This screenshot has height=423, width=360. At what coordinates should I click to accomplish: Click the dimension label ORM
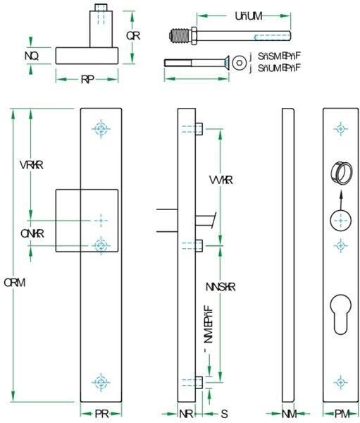coord(15,282)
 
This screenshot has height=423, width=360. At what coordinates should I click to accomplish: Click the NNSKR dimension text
coord(221,287)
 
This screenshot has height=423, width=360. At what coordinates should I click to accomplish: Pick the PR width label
coord(101,414)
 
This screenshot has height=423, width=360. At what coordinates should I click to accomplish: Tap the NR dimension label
coord(185,414)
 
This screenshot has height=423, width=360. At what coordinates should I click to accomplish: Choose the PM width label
coord(340,414)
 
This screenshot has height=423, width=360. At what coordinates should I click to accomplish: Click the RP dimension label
coord(87,80)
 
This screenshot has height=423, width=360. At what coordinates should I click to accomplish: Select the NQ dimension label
coord(31,54)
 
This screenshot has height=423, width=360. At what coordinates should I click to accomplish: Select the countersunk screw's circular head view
coord(242,63)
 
